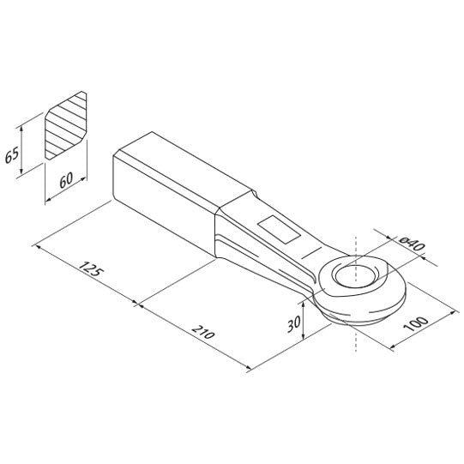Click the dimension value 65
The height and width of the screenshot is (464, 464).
[x=12, y=154]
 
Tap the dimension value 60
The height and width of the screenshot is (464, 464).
[x=66, y=180]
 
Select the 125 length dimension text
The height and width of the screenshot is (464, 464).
[x=91, y=269]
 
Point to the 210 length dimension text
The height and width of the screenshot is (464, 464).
[x=202, y=332]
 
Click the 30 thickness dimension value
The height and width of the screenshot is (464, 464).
[x=294, y=323]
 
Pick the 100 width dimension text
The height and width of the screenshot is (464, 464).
[x=415, y=323]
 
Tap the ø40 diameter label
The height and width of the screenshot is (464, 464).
[x=412, y=244]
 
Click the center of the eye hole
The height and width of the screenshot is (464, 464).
[x=356, y=275]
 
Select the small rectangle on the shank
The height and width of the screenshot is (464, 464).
[x=279, y=230]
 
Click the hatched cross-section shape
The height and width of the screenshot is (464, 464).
[x=66, y=125]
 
